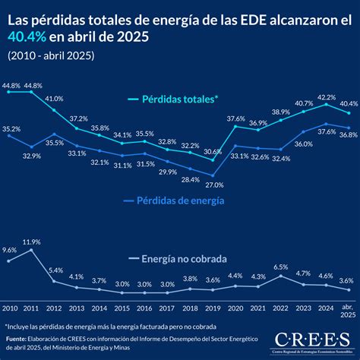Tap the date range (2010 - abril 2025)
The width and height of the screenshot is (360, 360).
[51, 55]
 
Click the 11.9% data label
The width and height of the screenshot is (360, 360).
[31, 242]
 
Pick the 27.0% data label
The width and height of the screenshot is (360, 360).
[215, 185]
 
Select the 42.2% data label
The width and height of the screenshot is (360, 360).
[326, 97]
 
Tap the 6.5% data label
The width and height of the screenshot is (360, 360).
[280, 267]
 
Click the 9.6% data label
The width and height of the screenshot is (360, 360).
[10, 250]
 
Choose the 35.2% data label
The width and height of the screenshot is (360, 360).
[11, 129]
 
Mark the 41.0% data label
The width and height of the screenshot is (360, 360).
[54, 99]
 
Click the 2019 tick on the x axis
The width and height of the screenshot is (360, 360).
[213, 308]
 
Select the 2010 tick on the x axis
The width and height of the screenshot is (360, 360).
[9, 308]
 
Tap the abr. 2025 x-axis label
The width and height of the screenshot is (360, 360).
[347, 311]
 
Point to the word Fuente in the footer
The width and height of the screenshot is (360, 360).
[15, 339]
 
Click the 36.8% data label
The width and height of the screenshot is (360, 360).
[348, 134]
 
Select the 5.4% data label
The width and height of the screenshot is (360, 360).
[54, 270]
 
